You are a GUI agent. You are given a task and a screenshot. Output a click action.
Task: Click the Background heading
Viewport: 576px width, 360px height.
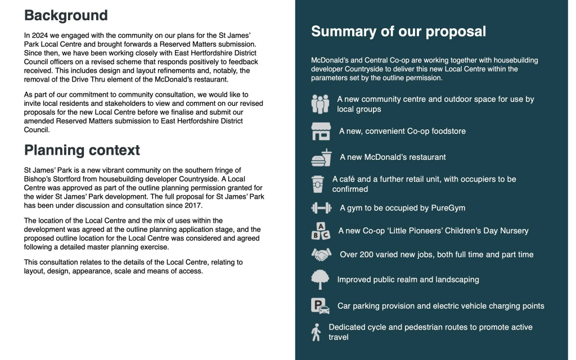(66, 15)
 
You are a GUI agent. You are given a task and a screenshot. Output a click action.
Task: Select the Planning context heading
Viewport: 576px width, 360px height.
(82, 150)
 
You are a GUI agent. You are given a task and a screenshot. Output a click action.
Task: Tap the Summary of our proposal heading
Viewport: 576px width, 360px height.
(398, 31)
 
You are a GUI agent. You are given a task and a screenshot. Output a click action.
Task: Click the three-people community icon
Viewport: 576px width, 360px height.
(320, 104)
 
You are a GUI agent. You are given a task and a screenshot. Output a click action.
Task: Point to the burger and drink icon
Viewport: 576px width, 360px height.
(321, 157)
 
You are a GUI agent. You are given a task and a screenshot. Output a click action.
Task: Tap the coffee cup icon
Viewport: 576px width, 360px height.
(318, 184)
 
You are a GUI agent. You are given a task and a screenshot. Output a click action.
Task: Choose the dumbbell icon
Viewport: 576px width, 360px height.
(321, 208)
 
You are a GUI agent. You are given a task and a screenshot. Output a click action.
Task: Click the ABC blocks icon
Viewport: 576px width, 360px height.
(321, 231)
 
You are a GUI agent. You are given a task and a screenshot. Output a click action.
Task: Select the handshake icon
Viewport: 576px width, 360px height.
(321, 255)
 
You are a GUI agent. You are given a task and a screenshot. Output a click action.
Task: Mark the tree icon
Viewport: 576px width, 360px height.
(320, 280)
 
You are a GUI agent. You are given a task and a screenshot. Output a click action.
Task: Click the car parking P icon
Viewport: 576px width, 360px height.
(320, 306)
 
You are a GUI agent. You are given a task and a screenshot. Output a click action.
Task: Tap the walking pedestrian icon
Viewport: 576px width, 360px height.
(316, 332)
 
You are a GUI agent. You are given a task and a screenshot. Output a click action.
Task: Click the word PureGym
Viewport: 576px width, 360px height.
(447, 208)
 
